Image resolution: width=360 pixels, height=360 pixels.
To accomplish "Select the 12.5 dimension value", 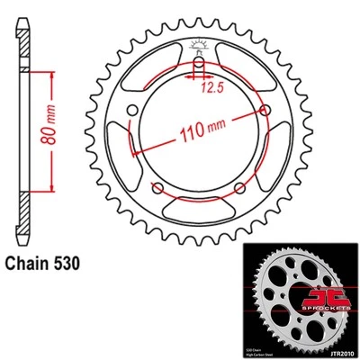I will [211, 88].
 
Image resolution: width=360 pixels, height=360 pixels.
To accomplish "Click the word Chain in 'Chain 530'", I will [32, 265].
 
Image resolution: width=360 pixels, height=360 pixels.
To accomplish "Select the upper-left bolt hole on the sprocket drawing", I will [133, 111].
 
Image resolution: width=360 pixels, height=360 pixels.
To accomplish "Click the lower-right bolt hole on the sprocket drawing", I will [240, 188].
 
